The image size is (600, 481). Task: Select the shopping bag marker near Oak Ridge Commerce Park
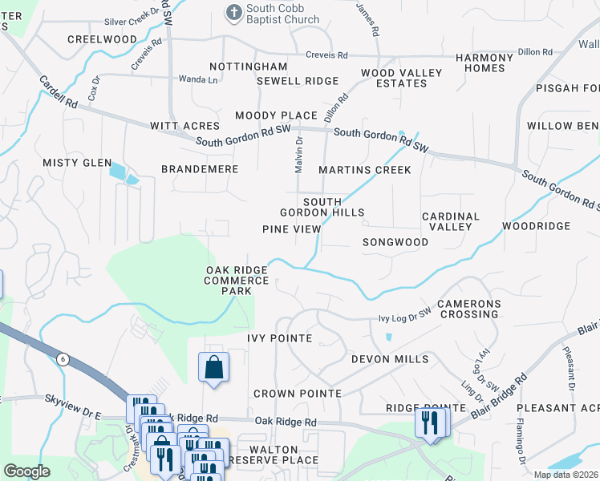click(213, 367)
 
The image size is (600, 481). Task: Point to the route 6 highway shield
click(63, 360)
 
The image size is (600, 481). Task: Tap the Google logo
click(26, 471)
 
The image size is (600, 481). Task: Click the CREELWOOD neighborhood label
click(102, 39)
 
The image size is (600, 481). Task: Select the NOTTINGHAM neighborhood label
click(248, 67)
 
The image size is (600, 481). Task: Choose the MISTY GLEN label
click(77, 163)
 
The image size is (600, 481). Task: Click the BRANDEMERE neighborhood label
click(200, 170)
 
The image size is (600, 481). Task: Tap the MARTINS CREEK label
click(364, 170)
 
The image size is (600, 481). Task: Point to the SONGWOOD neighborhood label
click(395, 241)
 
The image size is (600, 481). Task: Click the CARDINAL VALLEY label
click(450, 221)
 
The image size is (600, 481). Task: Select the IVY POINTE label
click(279, 338)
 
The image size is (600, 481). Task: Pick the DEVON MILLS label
click(389, 359)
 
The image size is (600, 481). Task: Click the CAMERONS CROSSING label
click(468, 309)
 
